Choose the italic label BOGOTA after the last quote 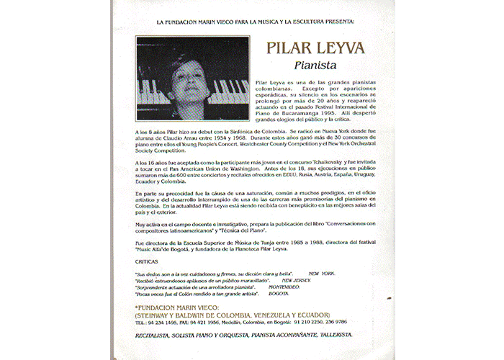tap(279, 294)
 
